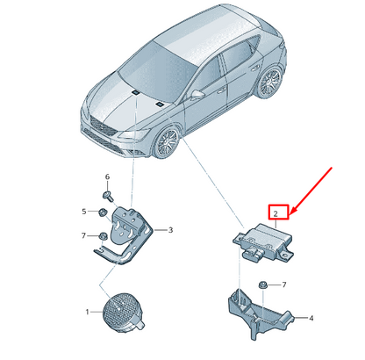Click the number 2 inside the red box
pyautogui.click(x=276, y=213)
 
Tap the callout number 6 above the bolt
pyautogui.click(x=107, y=176)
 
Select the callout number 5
pyautogui.click(x=84, y=212)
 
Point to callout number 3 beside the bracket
pyautogui.click(x=170, y=230)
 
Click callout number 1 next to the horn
pyautogui.click(x=87, y=312)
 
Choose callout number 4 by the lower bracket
pyautogui.click(x=311, y=318)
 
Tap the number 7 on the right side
pyautogui.click(x=283, y=284)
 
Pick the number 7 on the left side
pyautogui.click(x=83, y=235)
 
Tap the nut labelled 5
pyautogui.click(x=103, y=212)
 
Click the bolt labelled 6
pyautogui.click(x=107, y=195)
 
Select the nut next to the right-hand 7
pyautogui.click(x=261, y=284)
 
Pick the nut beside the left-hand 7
pyautogui.click(x=103, y=235)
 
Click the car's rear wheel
pyautogui.click(x=269, y=83)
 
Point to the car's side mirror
pyautogui.click(x=198, y=94)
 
